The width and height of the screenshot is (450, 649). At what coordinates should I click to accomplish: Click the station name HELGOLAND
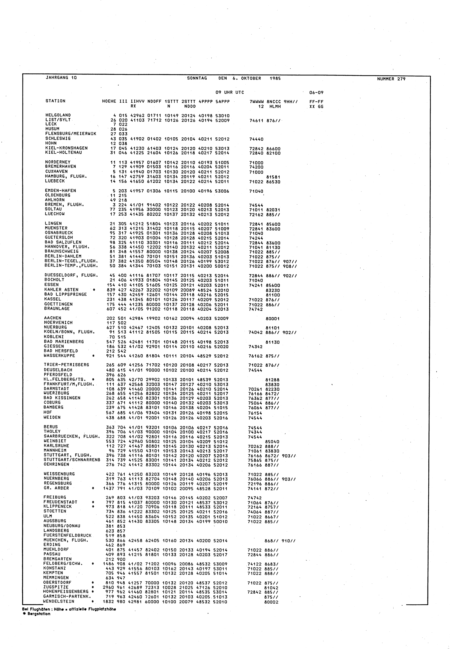click(x=58, y=115)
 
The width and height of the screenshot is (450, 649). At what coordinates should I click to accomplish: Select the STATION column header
click(x=55, y=101)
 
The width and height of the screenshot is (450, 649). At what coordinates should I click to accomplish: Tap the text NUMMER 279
click(x=391, y=79)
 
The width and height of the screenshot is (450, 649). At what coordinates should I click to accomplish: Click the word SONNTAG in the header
click(x=197, y=78)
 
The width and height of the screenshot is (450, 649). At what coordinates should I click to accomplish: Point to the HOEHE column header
click(x=109, y=101)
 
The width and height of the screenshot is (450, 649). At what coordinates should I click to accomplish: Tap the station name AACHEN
click(x=52, y=318)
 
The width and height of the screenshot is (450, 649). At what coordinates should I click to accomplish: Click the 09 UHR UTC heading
click(x=230, y=92)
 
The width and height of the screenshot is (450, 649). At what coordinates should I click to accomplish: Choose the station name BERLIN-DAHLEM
click(x=63, y=256)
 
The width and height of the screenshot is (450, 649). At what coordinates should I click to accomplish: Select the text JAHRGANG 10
click(x=61, y=78)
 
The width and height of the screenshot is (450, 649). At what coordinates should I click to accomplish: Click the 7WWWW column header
click(x=256, y=101)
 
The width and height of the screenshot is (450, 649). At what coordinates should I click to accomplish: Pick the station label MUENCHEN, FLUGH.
click(x=66, y=540)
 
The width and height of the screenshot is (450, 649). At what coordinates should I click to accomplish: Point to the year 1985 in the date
click(x=275, y=78)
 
